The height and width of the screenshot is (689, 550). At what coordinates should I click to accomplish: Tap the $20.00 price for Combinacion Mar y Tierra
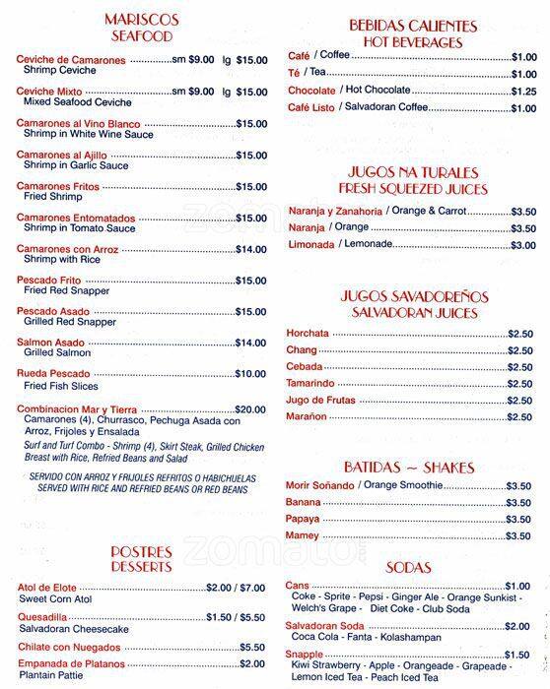coord(250,408)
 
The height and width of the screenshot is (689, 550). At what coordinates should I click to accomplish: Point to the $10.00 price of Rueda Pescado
coord(250,373)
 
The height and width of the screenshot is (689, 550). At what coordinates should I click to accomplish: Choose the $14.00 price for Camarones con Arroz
coord(250,249)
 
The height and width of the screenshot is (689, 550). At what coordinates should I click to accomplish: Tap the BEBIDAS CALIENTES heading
coord(412,26)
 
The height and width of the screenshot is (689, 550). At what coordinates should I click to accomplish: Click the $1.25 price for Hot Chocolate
coord(523,91)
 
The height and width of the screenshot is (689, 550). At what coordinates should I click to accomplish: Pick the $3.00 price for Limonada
coord(523,244)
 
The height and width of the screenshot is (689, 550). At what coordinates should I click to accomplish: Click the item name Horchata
coord(308,334)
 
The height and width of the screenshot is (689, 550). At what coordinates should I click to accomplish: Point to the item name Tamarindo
coord(310,384)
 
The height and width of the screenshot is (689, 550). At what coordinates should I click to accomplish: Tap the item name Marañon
coord(308,417)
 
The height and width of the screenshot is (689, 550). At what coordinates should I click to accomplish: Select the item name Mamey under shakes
coord(304,535)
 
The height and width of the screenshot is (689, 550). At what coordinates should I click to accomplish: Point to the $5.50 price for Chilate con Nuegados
coord(251,647)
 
